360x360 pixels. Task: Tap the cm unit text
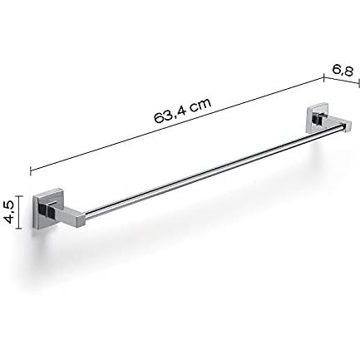200,104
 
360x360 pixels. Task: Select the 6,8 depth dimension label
343,71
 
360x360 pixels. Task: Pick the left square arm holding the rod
65,213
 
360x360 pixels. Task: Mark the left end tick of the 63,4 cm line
31,170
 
